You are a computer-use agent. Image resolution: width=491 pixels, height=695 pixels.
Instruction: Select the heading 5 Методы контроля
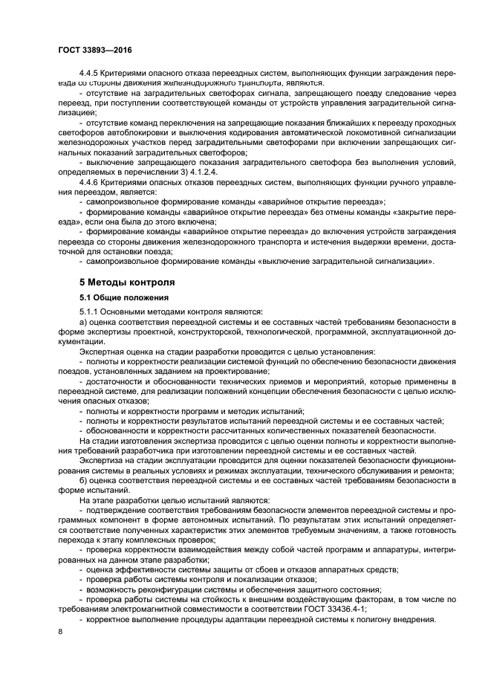tap(127, 282)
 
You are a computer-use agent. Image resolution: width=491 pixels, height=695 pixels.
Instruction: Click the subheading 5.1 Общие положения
tap(117, 297)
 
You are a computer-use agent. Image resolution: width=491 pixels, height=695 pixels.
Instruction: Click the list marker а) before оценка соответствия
tap(82, 321)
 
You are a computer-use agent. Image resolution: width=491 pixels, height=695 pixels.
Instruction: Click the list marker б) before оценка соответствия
tap(82, 483)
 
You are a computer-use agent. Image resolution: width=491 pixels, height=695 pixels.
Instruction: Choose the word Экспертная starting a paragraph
tap(103, 350)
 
